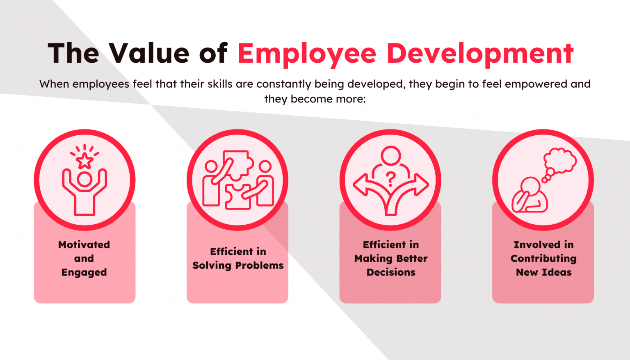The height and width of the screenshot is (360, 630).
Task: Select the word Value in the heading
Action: (149, 53)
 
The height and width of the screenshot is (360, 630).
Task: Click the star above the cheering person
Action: (84, 161)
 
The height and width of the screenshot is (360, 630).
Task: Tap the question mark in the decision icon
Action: (390, 179)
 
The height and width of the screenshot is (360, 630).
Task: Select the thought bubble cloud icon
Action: (560, 160)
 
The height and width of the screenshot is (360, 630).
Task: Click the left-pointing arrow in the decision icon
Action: (363, 185)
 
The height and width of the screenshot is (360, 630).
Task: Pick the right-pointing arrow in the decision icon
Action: (418, 185)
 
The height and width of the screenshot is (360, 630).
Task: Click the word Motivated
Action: (84, 245)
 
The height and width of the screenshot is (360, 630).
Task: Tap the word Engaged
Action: (84, 273)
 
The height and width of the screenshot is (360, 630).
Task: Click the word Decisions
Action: (391, 273)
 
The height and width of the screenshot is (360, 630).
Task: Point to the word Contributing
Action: (543, 259)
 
